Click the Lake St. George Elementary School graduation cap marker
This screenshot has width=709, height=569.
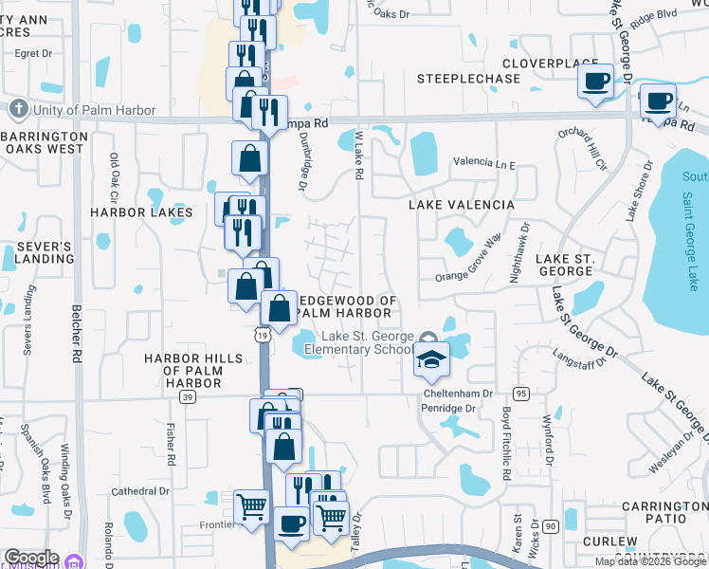click(430, 359)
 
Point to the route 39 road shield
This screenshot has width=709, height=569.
click(189, 396)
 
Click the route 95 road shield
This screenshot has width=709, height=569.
click(520, 393)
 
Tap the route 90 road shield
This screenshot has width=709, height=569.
click(551, 524)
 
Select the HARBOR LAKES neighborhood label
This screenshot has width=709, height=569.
click(141, 212)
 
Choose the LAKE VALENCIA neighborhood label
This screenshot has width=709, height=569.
click(461, 205)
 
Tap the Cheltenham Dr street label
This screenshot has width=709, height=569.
click(458, 393)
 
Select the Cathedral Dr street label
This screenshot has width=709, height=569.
click(139, 491)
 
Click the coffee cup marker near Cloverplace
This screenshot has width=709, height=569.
click(596, 82)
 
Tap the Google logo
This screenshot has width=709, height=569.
click(31, 558)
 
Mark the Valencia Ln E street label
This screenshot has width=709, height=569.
click(483, 164)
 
